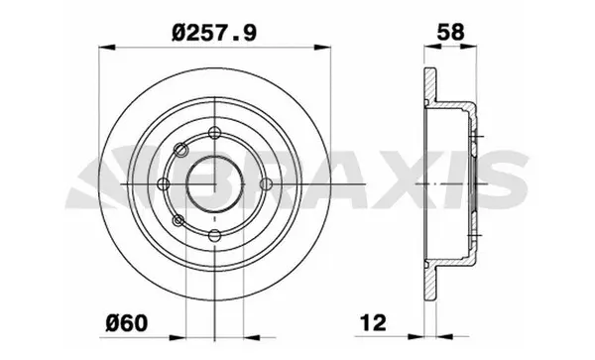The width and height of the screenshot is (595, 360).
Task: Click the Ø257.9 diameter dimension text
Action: tap(214, 32)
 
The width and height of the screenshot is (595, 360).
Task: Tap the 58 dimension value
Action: tap(452, 32)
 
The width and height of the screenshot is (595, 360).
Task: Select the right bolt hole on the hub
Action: tap(264, 185)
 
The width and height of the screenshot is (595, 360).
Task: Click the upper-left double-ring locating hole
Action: tap(179, 150)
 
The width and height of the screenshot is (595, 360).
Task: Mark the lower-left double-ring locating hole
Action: tap(179, 220)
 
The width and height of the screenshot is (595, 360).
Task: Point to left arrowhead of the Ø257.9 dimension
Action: tap(107, 44)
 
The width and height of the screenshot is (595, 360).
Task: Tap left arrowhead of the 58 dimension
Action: tap(427, 44)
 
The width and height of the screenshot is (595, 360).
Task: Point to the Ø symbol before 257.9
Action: tap(178, 32)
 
